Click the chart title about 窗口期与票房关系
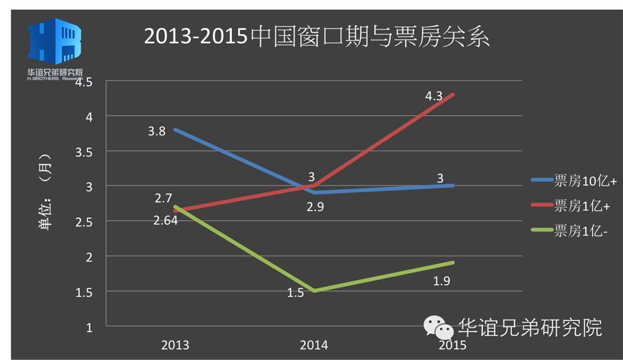(316, 37)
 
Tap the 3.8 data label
(156, 131)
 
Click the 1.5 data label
(296, 293)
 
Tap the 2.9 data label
(315, 207)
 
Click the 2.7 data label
(163, 198)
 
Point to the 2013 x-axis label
(175, 345)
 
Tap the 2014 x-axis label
(314, 345)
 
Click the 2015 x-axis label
(452, 345)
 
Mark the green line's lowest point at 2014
(314, 291)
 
